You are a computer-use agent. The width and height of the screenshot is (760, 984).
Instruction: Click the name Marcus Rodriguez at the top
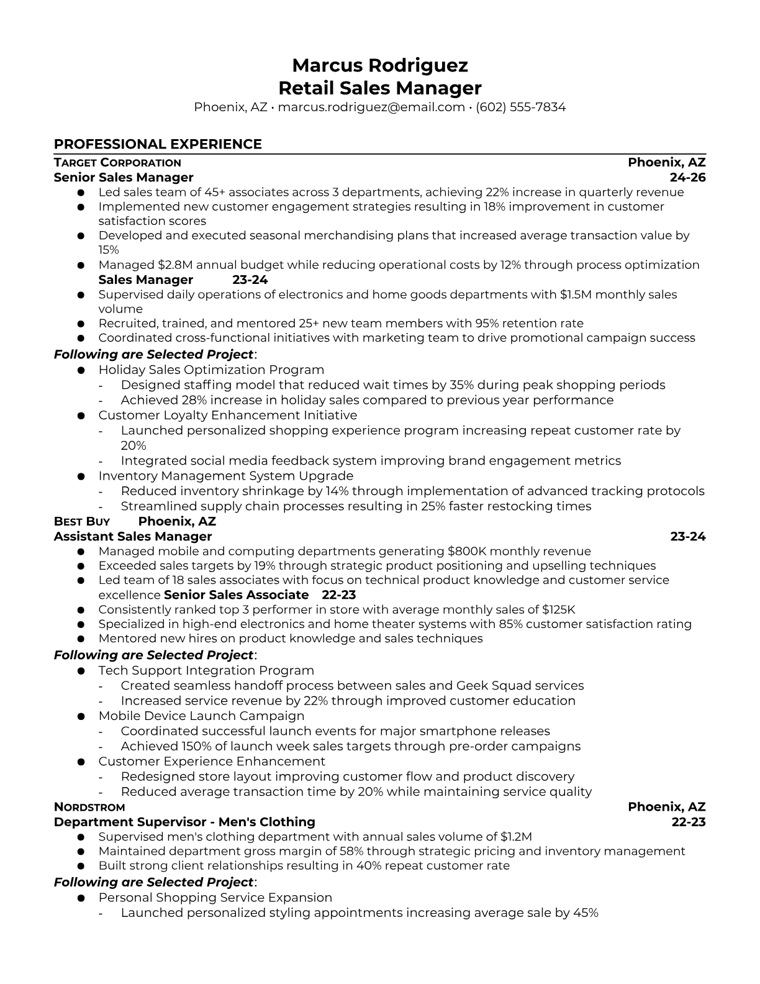379,65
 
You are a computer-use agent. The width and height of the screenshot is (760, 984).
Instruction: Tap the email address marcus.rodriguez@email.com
371,107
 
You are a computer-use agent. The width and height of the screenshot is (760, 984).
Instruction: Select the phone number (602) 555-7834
520,107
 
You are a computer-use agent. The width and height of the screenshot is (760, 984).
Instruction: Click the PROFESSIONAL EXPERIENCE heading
158,144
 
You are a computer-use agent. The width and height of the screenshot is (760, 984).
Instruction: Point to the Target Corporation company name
117,163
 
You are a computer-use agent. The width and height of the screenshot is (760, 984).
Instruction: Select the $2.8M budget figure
174,265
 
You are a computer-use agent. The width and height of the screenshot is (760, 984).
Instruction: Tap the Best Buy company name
82,522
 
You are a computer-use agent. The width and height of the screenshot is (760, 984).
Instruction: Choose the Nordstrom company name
89,808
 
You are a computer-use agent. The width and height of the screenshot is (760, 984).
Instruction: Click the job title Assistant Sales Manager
133,537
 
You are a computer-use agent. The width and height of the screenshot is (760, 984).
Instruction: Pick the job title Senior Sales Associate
237,595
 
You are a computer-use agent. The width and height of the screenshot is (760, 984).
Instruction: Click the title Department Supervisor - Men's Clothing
184,822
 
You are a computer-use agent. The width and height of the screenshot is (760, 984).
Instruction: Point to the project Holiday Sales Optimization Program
211,370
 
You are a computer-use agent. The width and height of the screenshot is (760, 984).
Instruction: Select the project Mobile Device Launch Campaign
201,716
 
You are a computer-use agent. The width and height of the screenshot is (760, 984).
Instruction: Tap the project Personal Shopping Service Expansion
215,898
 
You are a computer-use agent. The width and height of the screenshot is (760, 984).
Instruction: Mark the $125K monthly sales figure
558,610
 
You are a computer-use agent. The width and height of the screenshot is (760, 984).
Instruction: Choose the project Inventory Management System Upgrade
225,476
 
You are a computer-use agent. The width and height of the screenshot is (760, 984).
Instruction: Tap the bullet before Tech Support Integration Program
81,672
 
